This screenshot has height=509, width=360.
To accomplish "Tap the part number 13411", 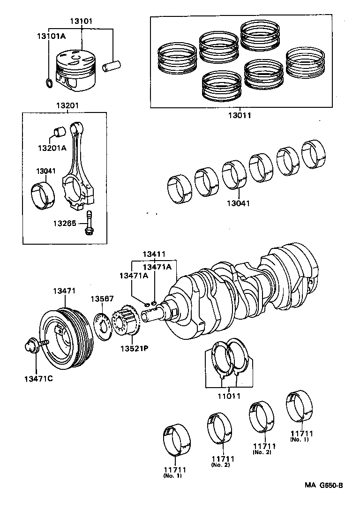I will (x=154, y=254).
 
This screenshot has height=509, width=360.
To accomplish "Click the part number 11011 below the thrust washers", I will (x=228, y=396).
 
